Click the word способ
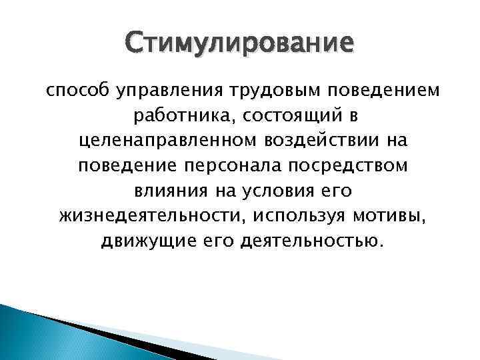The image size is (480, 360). pyautogui.click(x=70, y=91)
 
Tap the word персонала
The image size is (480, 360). pyautogui.click(x=229, y=167)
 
